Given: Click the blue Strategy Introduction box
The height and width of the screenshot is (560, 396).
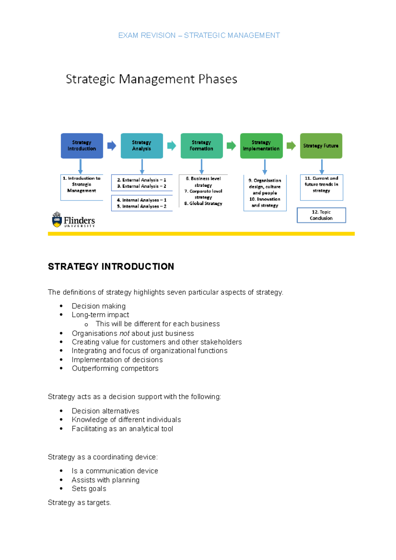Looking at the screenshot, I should (82, 146).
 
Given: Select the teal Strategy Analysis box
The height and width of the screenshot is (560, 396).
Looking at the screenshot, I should (142, 146).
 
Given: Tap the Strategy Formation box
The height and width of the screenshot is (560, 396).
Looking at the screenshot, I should (201, 146).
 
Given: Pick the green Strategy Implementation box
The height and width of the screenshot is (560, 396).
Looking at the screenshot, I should (261, 146).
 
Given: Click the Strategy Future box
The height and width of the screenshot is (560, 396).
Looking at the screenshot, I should (321, 146).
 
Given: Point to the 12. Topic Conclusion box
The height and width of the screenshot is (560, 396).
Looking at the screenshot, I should (321, 215).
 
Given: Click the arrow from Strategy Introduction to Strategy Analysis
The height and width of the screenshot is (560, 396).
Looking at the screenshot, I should (112, 145).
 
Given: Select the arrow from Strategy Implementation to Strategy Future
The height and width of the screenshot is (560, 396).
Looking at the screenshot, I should (291, 145).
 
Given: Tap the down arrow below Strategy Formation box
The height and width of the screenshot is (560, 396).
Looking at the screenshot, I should (202, 167).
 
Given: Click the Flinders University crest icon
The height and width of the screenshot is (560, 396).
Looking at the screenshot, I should (57, 220).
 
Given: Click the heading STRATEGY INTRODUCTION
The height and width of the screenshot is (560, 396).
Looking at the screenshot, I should (111, 266).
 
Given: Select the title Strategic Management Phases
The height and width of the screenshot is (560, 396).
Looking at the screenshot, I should (151, 79).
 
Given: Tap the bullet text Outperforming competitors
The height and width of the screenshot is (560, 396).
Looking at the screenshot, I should (115, 368).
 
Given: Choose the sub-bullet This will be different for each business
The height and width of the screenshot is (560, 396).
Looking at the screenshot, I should (158, 324).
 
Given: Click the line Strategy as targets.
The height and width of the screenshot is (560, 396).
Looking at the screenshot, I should (80, 503).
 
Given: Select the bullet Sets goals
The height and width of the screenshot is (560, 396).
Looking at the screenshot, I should (89, 489).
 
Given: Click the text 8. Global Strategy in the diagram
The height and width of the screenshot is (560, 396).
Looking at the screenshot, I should (203, 203).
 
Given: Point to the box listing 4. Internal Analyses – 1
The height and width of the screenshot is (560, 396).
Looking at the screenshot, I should (142, 203).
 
